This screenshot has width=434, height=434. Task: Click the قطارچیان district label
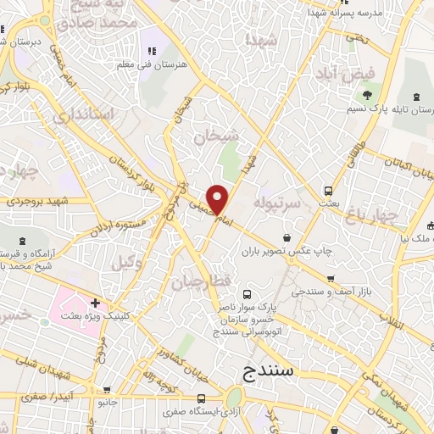click(x=197, y=280)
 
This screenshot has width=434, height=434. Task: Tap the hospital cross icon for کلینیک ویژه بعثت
click(x=96, y=303)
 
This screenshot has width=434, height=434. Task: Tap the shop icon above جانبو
click(x=106, y=392)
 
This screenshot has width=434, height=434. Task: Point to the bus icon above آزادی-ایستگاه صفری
click(x=201, y=398)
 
